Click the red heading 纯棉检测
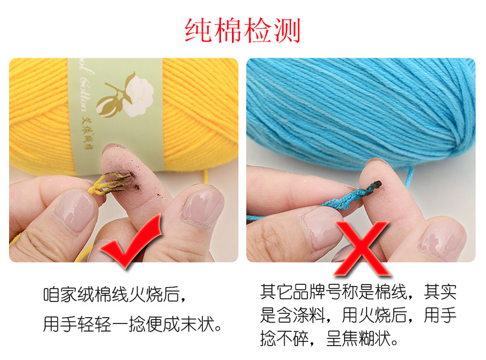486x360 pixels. point(242,30)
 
